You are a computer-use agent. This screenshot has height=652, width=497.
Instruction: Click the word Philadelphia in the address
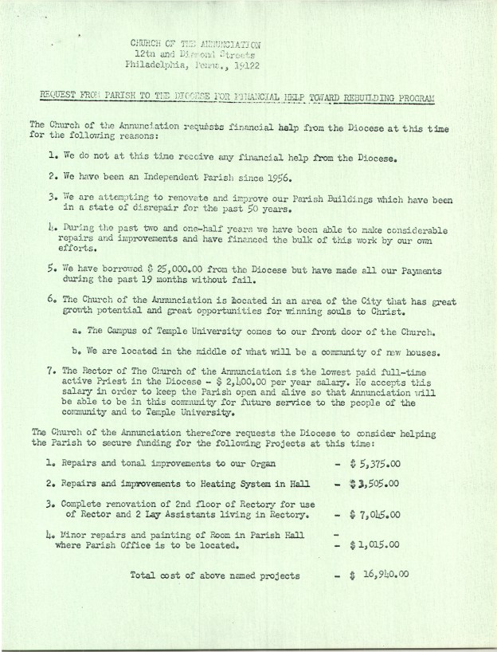pos(155,66)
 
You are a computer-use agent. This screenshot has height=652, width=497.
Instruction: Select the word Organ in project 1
pos(260,463)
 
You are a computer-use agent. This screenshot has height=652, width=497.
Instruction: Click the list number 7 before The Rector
pos(50,370)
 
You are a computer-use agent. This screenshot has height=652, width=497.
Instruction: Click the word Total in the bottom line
pos(147,575)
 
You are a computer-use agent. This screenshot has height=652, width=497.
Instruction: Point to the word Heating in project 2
pos(227,483)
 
